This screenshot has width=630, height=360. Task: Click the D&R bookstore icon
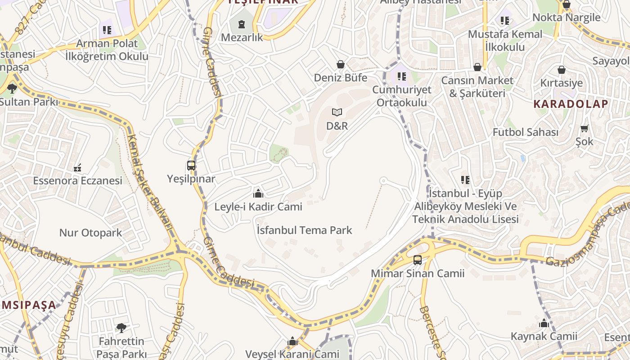coord(337,112)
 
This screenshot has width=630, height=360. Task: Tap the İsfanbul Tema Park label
coord(304,230)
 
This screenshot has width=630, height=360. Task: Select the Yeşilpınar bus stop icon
coord(191,166)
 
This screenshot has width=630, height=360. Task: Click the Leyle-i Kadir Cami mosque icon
coord(258,193)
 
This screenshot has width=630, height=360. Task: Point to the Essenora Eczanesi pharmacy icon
coord(77,168)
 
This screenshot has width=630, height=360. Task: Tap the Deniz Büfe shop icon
coord(341,64)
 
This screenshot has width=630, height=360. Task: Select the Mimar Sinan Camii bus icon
coord(418,260)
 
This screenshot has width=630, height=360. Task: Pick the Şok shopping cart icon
coord(585,129)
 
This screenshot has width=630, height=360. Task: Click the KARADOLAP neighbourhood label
coord(571,104)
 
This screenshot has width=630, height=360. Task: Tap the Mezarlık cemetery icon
coord(242,24)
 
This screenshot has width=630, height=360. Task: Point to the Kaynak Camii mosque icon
coord(544,323)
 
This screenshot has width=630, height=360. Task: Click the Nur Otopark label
coord(90,233)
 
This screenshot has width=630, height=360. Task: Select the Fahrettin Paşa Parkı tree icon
coord(121,328)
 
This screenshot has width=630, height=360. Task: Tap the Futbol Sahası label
coord(525,132)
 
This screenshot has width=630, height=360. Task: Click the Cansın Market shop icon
coord(477,67)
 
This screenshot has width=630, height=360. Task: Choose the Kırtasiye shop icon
coord(562,70)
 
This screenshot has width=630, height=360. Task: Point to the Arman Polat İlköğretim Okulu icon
coord(107,30)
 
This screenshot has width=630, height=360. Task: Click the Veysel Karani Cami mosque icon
coord(292,342)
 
